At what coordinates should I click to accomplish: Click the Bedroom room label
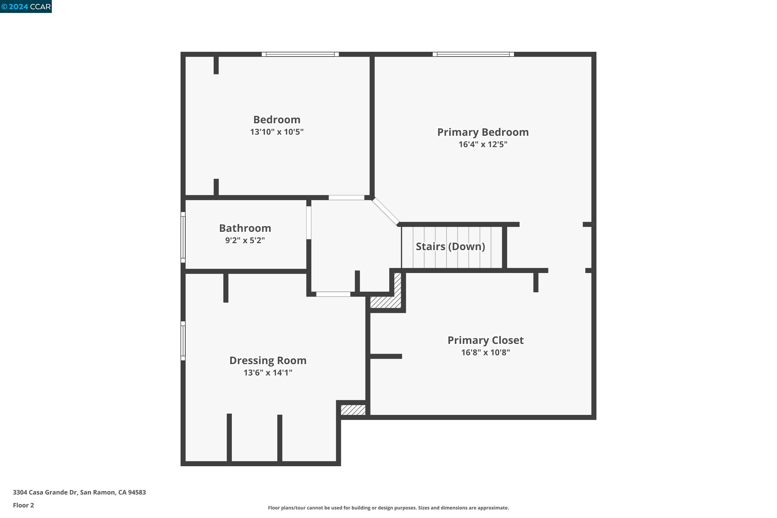tap(277, 120)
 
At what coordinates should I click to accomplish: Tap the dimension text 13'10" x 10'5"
tap(277, 132)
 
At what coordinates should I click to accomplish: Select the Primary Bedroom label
tap(483, 132)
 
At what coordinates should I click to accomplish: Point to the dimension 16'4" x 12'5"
tap(483, 144)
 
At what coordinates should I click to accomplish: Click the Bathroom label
tap(245, 228)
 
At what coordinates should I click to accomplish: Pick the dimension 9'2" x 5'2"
tap(245, 241)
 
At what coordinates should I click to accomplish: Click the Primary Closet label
tap(485, 340)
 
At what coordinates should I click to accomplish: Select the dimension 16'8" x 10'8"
tap(485, 352)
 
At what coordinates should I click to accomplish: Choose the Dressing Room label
tap(268, 361)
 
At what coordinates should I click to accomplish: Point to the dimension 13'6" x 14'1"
tap(268, 373)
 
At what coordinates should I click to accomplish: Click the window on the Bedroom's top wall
tap(300, 54)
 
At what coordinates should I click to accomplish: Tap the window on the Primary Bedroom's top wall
tap(473, 54)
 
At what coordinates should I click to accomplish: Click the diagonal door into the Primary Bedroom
tap(386, 211)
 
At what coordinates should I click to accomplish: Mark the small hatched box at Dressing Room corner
tap(353, 410)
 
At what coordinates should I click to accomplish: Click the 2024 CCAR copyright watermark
tap(26, 6)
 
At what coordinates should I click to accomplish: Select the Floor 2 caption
tap(23, 505)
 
